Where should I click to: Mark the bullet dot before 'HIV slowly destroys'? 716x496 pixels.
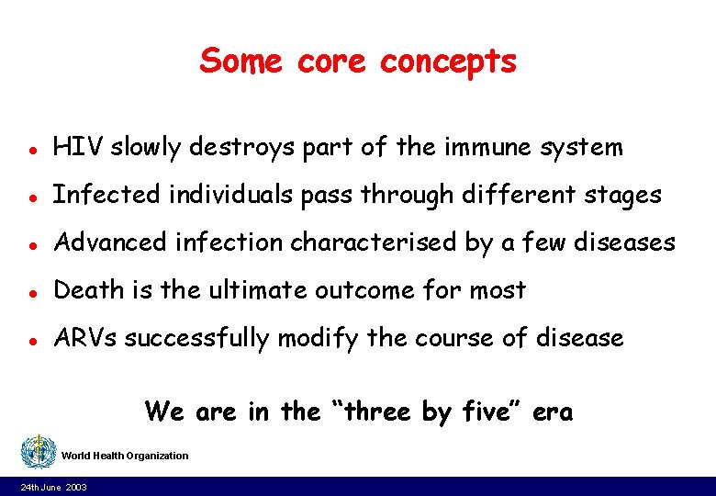(x=31, y=148)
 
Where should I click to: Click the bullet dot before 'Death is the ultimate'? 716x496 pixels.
(x=31, y=291)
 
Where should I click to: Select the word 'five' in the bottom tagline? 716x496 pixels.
(x=487, y=412)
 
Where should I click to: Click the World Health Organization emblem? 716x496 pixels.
(x=38, y=453)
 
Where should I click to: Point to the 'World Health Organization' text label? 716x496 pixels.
(x=125, y=456)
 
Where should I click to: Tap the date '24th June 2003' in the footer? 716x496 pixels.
(x=54, y=487)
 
